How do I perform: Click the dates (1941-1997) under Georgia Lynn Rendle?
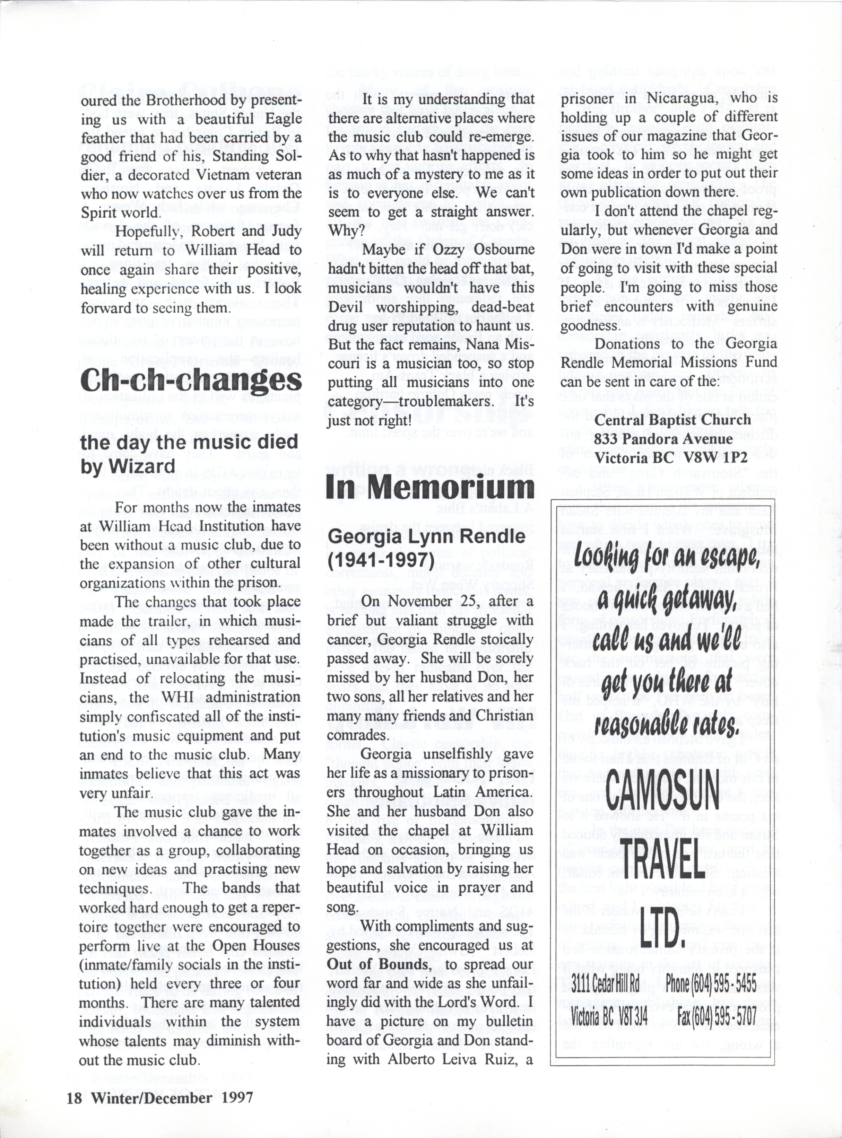[380, 560]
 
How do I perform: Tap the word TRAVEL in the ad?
[662, 858]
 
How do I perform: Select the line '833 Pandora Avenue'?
[663, 439]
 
